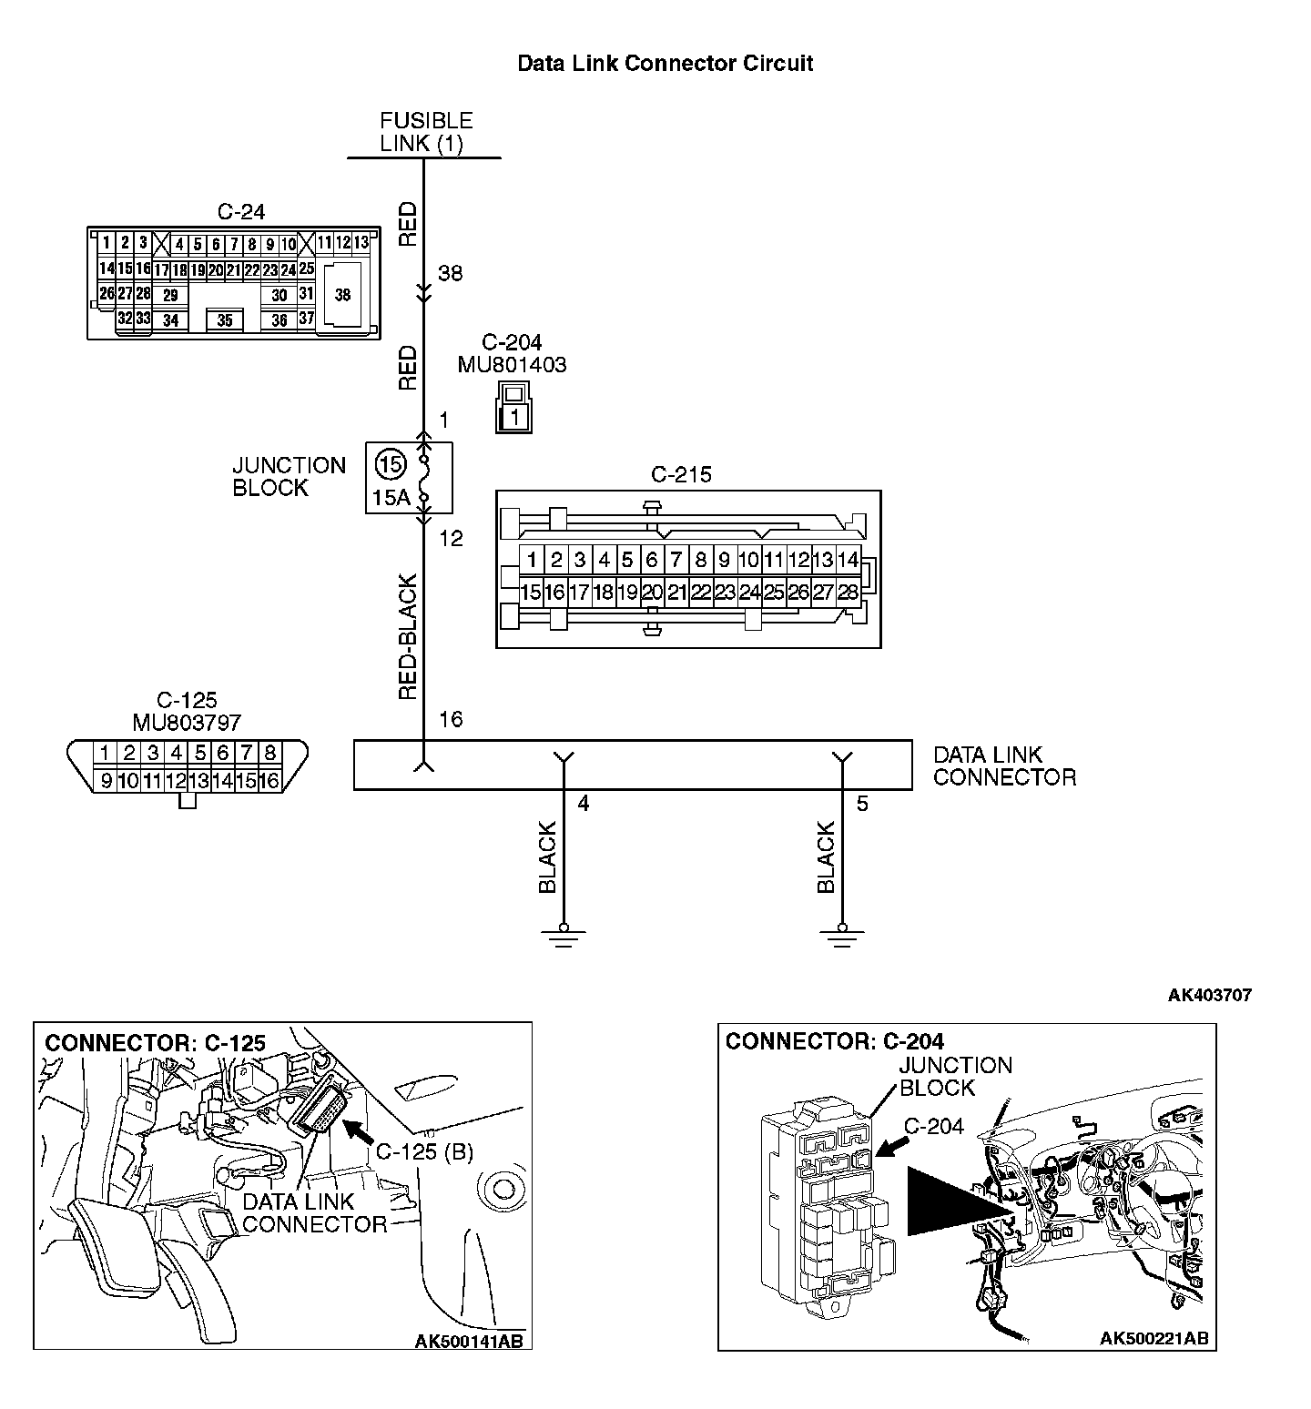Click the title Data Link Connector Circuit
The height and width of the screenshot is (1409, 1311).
tap(665, 64)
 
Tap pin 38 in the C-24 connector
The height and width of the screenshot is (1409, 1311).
tap(342, 294)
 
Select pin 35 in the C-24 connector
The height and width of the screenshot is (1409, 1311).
tap(225, 320)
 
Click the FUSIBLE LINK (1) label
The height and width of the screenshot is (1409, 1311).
tap(425, 132)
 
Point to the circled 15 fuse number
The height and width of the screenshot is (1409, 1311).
tap(390, 465)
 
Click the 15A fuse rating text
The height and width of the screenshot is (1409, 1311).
tap(391, 498)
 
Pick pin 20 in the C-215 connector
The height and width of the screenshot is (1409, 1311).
tap(651, 593)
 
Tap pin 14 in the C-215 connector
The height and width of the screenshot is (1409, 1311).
tap(847, 559)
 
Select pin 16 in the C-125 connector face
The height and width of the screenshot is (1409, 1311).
tap(269, 780)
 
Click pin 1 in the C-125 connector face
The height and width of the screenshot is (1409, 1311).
tap(106, 753)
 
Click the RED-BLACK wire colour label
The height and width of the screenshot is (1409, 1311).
tap(409, 636)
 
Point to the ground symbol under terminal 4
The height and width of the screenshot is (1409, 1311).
tap(564, 935)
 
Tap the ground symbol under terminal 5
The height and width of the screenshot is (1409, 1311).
tap(842, 935)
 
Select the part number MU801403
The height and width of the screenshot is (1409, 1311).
tap(512, 365)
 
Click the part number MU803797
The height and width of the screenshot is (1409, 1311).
tap(187, 723)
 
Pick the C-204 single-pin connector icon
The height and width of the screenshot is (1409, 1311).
tap(514, 408)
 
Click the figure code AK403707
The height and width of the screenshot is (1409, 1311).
tap(1209, 995)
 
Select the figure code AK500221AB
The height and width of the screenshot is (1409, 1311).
tap(1153, 1338)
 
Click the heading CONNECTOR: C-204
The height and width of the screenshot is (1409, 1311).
tap(834, 1041)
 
